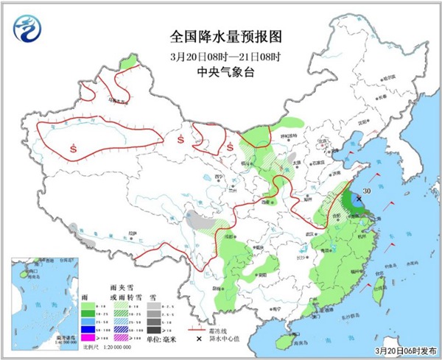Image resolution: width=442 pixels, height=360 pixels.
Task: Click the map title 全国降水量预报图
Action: (221, 35)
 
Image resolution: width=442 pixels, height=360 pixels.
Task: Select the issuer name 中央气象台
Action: (221, 71)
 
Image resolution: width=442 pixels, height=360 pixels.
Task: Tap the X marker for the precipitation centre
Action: (359, 198)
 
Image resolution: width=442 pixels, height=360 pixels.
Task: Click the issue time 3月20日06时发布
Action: (403, 351)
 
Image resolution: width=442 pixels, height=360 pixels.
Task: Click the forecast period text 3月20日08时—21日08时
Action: (221, 56)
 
